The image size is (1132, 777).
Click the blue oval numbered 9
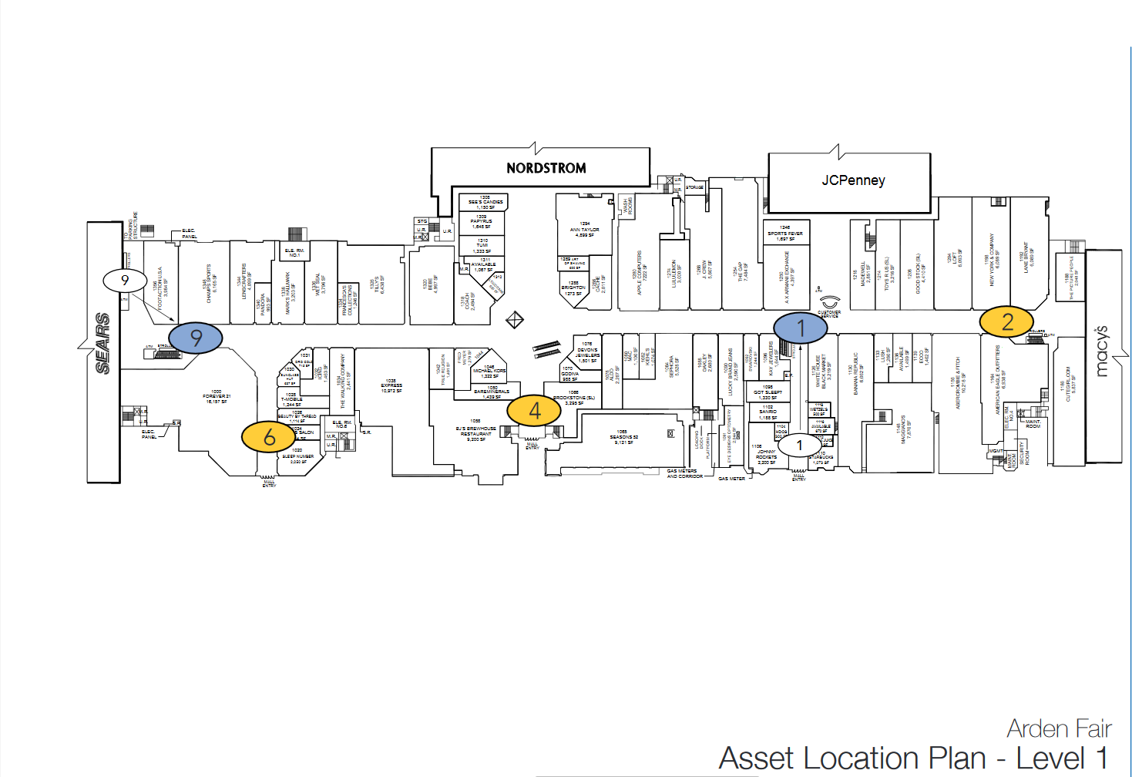coord(196,338)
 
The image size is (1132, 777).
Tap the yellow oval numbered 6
coord(269,437)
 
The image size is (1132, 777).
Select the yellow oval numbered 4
coord(534,411)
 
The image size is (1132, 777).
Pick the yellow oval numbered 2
coord(1006,321)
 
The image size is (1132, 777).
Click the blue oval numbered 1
coord(801,328)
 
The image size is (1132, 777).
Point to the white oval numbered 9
coord(125,281)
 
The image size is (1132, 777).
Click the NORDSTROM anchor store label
coord(546,168)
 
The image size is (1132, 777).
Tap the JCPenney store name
coord(853,180)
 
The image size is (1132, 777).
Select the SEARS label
coord(102,343)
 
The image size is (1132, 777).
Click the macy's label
coord(1102,351)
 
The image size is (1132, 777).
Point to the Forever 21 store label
coord(217,397)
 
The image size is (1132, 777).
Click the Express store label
coord(391,386)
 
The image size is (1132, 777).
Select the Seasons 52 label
coord(622,437)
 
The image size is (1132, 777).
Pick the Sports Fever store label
coord(784,234)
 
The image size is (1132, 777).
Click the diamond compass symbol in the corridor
coord(515,320)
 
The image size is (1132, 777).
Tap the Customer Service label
coord(829,314)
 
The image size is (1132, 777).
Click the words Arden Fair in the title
coord(1059,728)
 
